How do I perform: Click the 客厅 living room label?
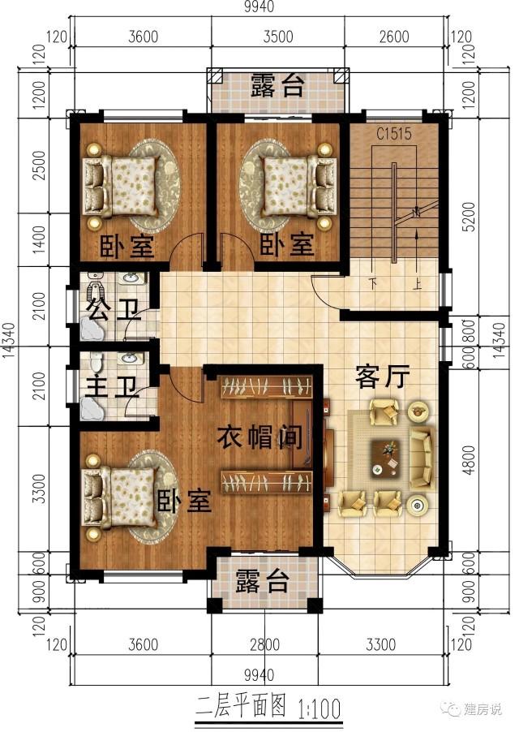click(x=382, y=377)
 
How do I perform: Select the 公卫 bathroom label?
click(x=109, y=309)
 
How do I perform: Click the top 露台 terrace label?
click(x=277, y=85)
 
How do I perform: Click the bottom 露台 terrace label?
click(x=262, y=581)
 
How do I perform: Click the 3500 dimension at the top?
click(x=277, y=37)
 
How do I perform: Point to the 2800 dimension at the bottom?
click(x=264, y=646)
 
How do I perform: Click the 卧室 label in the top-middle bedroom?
click(x=286, y=244)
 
